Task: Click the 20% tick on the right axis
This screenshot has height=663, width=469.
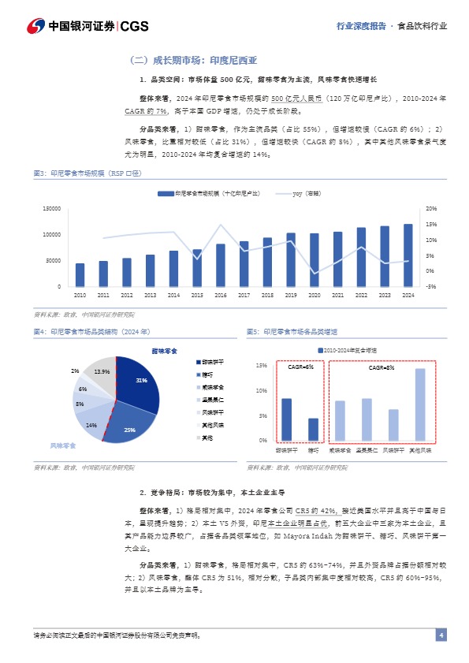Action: (x=430, y=209)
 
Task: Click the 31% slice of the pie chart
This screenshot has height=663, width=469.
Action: (x=140, y=382)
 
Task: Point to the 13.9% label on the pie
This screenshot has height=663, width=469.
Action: (x=102, y=371)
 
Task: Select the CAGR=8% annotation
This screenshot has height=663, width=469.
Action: (x=382, y=368)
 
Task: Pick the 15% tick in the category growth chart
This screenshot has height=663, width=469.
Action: (x=262, y=366)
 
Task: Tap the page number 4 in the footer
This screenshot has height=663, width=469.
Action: (x=441, y=635)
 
